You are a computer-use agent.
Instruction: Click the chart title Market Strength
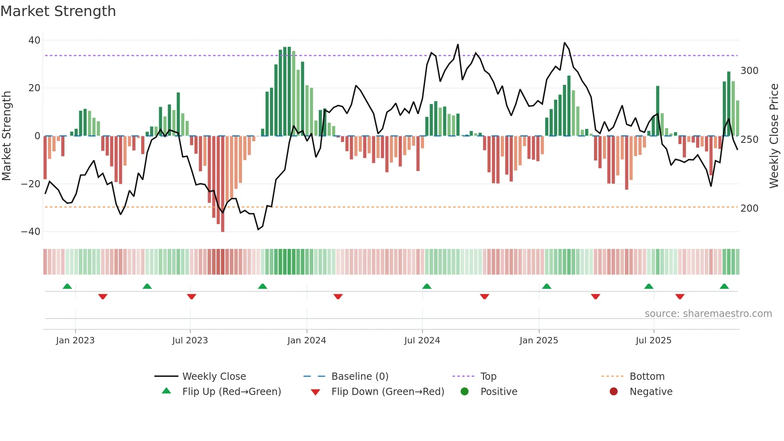(58, 11)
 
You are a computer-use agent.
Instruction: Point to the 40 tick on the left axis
(34, 40)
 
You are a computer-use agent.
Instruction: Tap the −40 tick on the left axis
(31, 232)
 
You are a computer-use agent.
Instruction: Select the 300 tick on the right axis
(749, 71)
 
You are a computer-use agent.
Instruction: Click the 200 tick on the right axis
(749, 208)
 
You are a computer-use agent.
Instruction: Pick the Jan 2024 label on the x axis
(306, 341)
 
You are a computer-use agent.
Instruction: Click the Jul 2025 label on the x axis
(653, 341)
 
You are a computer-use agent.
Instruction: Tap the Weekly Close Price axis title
(774, 136)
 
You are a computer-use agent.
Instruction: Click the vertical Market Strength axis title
(7, 136)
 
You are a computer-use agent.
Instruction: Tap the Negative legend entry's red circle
(613, 392)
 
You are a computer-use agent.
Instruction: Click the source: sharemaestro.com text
(708, 314)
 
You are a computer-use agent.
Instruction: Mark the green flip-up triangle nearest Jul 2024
(427, 287)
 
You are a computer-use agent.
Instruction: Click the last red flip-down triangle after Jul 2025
(680, 297)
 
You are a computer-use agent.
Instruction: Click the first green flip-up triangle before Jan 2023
(67, 287)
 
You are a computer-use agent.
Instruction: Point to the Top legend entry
(488, 377)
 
